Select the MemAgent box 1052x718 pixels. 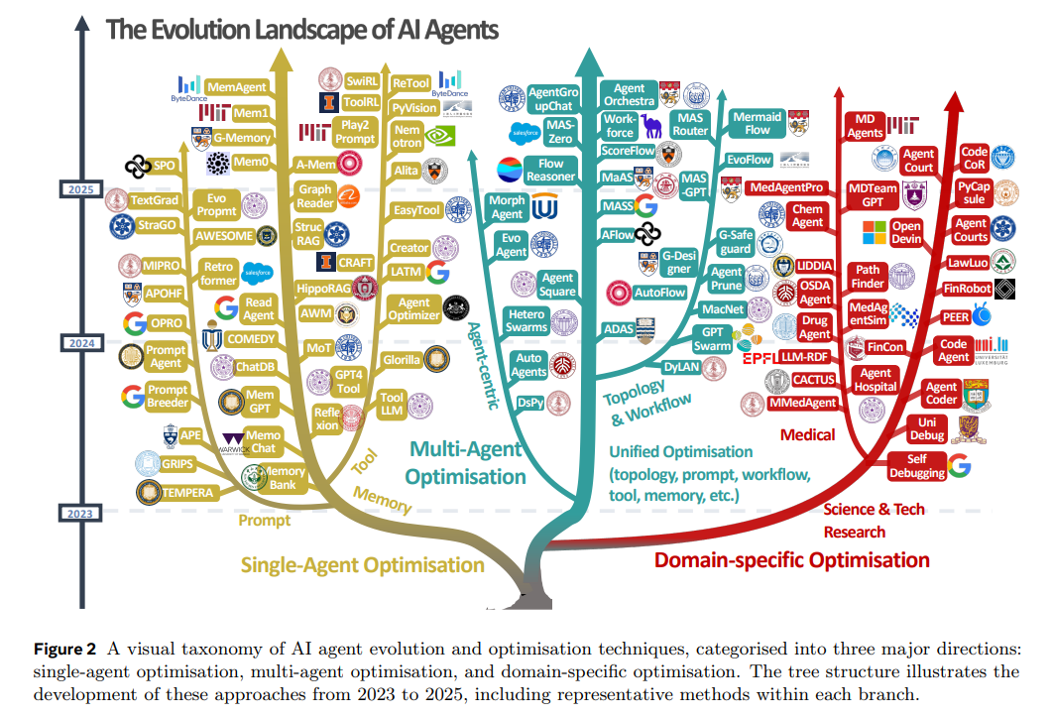click(x=236, y=88)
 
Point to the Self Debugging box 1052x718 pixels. click(x=917, y=465)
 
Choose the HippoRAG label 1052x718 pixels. click(x=325, y=289)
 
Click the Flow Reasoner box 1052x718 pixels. click(x=550, y=170)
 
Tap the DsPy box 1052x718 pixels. click(x=530, y=402)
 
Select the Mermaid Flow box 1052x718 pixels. click(x=757, y=123)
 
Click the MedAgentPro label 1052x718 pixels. click(x=786, y=186)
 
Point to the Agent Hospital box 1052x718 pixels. click(x=876, y=380)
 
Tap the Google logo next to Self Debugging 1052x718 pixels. click(x=959, y=464)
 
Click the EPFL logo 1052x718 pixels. click(x=760, y=357)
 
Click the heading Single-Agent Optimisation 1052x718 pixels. click(x=362, y=565)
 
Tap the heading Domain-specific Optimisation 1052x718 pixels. click(x=791, y=559)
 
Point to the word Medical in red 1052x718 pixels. click(x=807, y=434)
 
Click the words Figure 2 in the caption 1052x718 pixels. click(x=64, y=650)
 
